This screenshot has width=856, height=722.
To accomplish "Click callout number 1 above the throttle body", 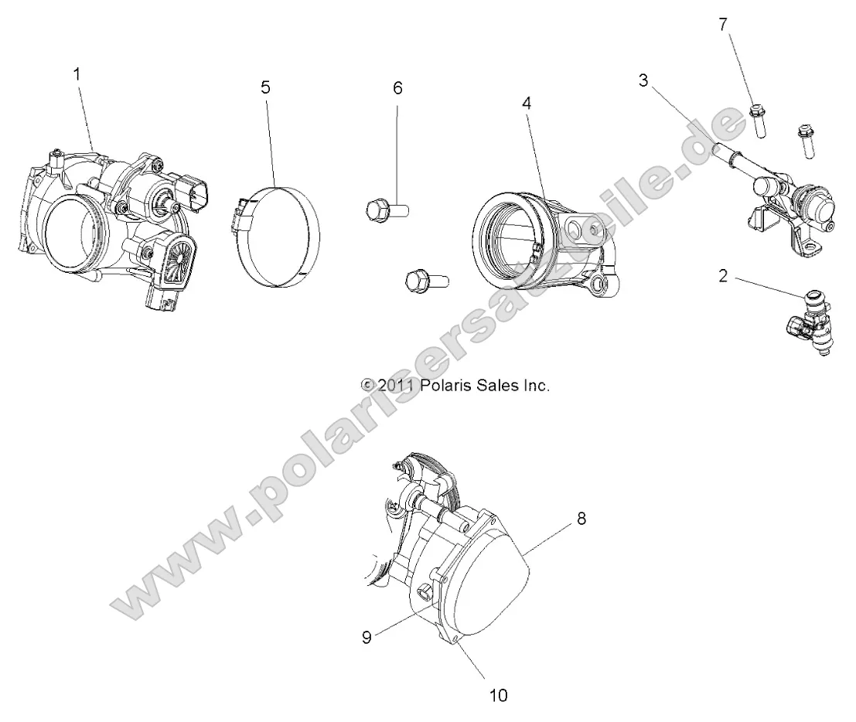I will pos(77,74).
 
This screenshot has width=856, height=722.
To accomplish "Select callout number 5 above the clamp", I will pos(265,87).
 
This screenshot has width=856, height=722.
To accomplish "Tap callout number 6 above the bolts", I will pos(397,88).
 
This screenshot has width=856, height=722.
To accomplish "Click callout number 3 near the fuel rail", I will pos(643,80).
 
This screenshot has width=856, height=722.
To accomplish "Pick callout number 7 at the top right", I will pos(723,24).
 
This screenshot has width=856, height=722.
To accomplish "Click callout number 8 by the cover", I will pos(581,519).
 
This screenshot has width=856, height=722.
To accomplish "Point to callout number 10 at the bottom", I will pos(499,695).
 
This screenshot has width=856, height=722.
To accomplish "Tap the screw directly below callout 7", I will pos(759,124).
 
